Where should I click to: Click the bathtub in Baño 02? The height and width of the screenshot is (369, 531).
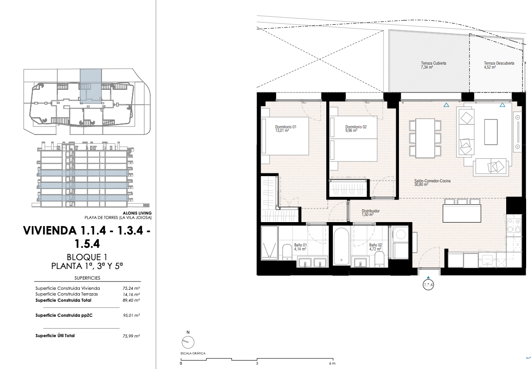(341, 246)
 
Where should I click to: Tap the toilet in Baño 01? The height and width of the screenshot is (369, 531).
(287, 252)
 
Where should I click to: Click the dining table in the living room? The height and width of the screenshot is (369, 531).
(426, 138)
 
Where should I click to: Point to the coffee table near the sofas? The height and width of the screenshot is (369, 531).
(491, 132)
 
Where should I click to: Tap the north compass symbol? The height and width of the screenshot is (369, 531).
(188, 342)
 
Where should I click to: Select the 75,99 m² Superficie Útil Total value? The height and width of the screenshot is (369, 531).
(131, 336)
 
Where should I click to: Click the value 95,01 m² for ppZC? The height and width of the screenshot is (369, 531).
(131, 315)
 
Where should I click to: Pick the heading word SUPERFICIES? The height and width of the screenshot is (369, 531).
(87, 278)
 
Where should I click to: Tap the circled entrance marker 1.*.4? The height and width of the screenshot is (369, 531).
(428, 285)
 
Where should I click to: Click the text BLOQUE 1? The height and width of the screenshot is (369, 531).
(87, 257)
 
